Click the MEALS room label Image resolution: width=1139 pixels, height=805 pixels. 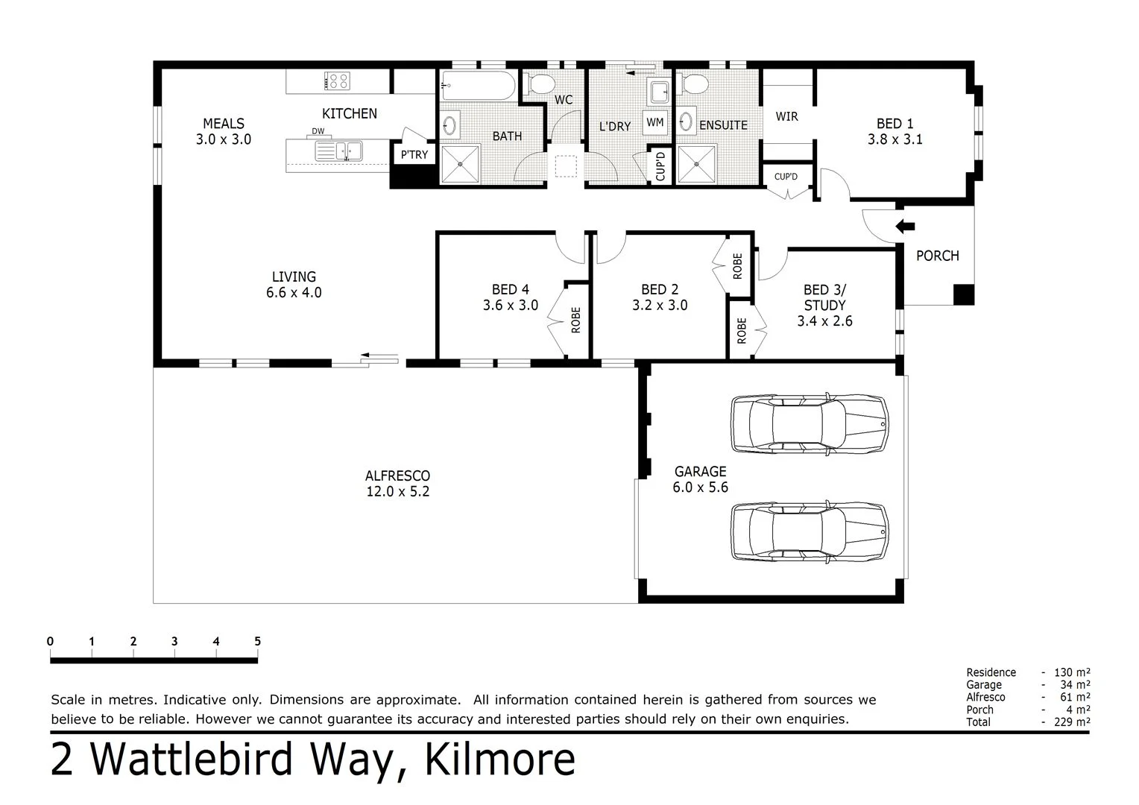[x=224, y=124]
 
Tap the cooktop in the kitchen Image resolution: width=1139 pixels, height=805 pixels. [x=337, y=80]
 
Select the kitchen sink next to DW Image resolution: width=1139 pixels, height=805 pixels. [x=338, y=151]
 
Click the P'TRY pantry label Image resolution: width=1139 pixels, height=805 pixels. [x=414, y=155]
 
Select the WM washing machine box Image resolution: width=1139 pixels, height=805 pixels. [x=654, y=122]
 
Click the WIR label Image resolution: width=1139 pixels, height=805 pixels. [x=786, y=116]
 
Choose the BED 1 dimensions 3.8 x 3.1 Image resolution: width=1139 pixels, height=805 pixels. [x=895, y=139]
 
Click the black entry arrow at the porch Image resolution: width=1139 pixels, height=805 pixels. [x=904, y=227]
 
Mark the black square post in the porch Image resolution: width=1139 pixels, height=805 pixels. [x=963, y=295]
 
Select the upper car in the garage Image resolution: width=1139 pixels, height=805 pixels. [x=809, y=423]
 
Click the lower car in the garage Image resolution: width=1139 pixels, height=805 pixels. [x=809, y=531]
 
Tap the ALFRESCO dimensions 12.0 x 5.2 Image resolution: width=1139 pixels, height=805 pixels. [x=397, y=492]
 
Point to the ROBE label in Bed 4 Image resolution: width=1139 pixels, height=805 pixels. [x=575, y=320]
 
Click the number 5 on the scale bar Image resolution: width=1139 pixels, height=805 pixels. [x=257, y=641]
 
